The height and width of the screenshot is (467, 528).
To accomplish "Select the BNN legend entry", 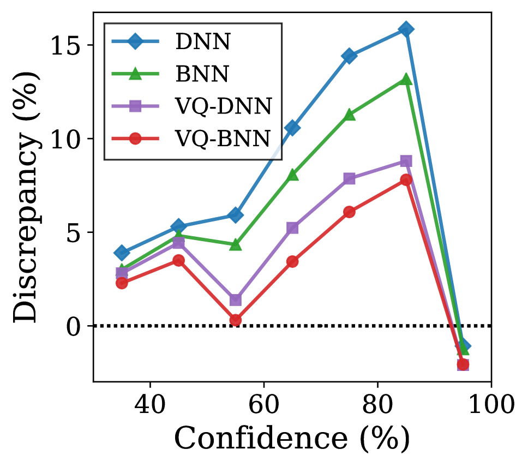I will (202, 75).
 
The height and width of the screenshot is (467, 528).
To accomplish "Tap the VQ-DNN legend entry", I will (224, 106).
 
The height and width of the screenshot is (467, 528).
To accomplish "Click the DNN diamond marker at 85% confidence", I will (406, 29).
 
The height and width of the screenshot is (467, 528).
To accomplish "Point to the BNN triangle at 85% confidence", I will (406, 80).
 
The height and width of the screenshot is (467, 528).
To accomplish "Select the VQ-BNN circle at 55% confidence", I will (236, 320).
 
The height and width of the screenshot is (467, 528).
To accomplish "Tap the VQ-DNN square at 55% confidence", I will (236, 300).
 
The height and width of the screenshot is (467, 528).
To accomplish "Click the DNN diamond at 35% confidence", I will (122, 253).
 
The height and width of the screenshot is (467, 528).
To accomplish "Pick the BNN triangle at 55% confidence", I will (236, 245).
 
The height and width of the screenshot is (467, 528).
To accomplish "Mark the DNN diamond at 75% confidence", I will (349, 56).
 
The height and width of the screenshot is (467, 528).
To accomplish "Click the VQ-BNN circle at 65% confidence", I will (292, 261).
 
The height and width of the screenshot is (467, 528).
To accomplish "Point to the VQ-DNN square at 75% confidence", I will (349, 178).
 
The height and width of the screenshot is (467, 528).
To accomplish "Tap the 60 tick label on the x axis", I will (263, 406).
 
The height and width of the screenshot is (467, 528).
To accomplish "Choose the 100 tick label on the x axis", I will (491, 406).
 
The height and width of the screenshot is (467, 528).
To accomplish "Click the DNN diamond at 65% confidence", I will (292, 128).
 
